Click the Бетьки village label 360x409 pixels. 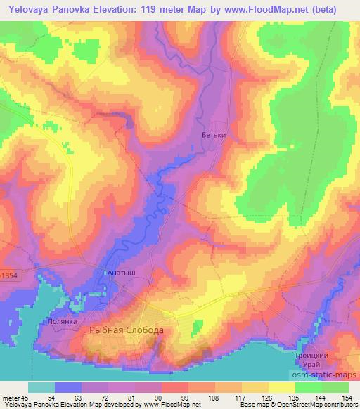click(214, 136)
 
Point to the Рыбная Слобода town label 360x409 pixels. click(127, 330)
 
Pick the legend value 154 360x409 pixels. click(347, 397)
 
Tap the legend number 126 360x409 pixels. click(266, 397)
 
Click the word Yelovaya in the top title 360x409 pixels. click(27, 9)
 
